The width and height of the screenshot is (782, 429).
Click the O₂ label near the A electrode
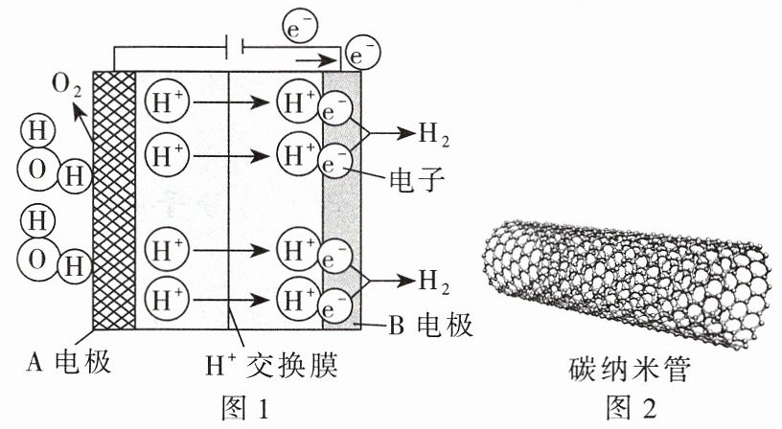tap(66, 85)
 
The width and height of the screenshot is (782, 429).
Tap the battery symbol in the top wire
tap(235, 47)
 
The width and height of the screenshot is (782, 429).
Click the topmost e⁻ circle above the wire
tap(300, 28)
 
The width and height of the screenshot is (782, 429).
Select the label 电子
tap(417, 178)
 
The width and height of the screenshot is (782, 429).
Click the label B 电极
tap(430, 326)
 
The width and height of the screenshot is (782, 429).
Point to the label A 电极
tap(68, 361)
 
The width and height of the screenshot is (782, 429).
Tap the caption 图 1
tap(245, 408)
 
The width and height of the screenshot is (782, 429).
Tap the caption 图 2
tap(631, 408)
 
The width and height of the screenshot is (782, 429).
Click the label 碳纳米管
tap(630, 369)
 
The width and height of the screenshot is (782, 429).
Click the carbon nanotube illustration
tap(627, 282)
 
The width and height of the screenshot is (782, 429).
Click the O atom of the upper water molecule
tap(37, 170)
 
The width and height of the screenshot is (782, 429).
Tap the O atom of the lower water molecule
tap(37, 260)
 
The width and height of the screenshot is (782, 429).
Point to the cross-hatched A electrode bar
tap(114, 200)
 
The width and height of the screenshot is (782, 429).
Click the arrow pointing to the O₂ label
tap(82, 121)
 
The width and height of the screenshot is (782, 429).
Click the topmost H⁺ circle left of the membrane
tap(167, 102)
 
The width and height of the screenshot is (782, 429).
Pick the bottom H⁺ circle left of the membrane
tap(167, 300)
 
